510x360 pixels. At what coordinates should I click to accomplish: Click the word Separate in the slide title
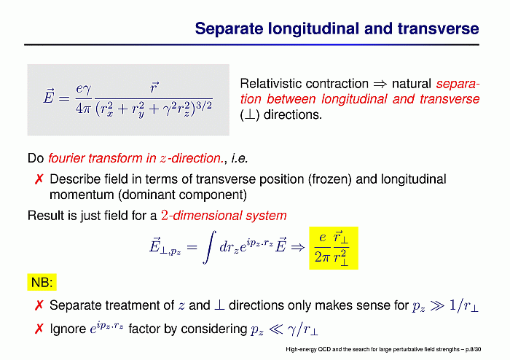click(229, 28)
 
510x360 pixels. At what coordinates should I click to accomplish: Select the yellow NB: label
click(42, 282)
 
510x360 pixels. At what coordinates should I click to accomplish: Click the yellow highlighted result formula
click(334, 248)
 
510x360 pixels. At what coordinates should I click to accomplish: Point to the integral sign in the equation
click(209, 247)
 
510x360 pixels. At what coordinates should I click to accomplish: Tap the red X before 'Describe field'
click(39, 179)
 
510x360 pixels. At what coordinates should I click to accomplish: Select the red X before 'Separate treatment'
click(39, 305)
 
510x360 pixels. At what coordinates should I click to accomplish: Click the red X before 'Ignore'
click(39, 329)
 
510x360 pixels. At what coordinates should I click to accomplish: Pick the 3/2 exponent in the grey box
click(204, 106)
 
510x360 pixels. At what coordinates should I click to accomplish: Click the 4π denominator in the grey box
click(83, 109)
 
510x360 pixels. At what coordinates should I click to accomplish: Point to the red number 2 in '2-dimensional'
click(165, 215)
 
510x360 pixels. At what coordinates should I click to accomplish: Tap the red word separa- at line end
click(458, 84)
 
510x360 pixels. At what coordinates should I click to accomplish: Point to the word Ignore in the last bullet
click(68, 329)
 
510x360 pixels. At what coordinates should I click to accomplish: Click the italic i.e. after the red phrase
click(240, 158)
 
